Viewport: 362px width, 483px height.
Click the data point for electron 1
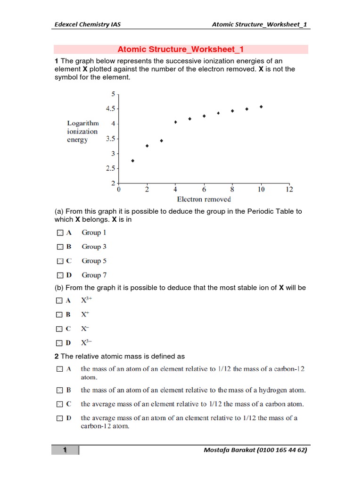pos(133,161)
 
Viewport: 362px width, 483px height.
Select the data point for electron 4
pos(175,122)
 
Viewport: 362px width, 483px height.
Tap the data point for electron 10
pos(261,107)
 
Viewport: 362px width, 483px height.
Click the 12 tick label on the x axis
pos(289,189)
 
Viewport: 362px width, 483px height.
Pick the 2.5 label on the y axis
pos(111,168)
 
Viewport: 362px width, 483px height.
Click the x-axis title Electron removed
pos(204,199)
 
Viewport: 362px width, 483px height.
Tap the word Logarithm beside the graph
pos(83,123)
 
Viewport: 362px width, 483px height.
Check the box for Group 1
pos(59,233)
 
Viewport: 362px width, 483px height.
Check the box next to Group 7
pos(59,275)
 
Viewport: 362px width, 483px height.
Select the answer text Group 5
pos(94,261)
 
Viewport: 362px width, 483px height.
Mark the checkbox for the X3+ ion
pos(59,300)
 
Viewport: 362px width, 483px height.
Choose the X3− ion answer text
pos(87,342)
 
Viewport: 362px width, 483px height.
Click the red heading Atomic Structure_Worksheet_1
pos(181,50)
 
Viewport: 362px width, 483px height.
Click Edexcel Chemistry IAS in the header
pos(86,25)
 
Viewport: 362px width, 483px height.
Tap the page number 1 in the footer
pos(65,450)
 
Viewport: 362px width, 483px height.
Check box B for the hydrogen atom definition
pos(59,391)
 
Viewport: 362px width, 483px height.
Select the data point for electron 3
pos(161,141)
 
